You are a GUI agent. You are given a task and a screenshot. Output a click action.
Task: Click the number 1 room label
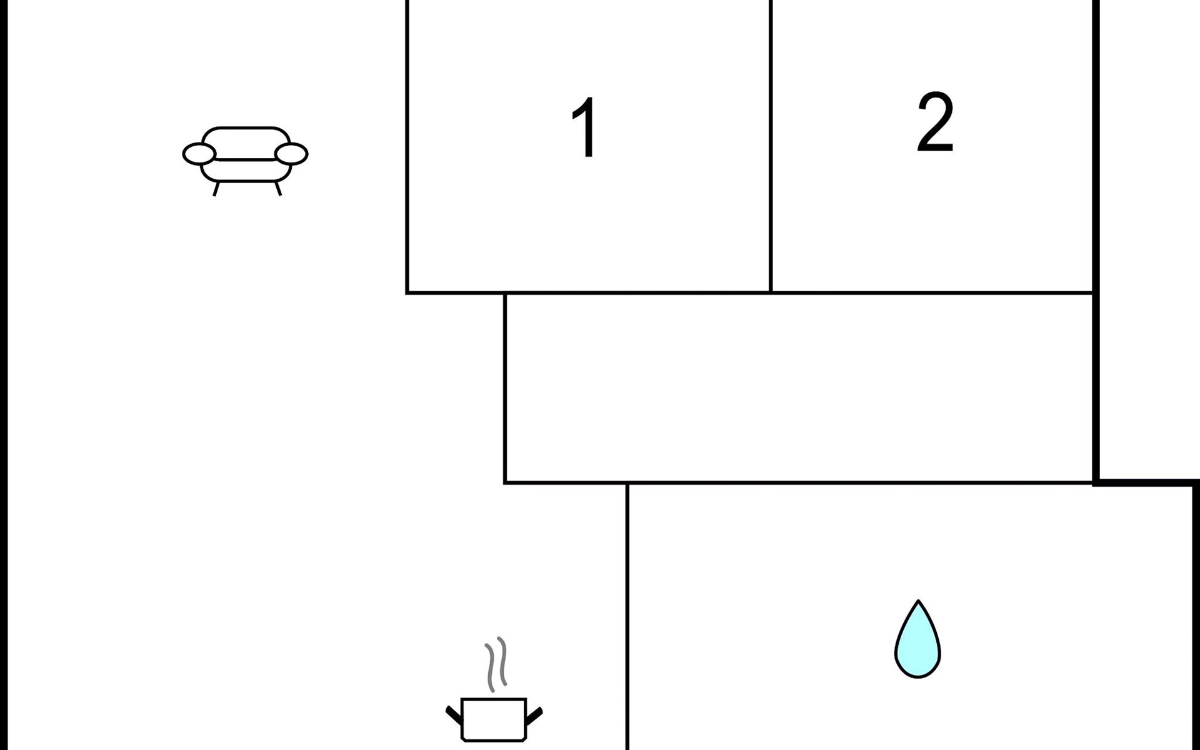[x=585, y=127]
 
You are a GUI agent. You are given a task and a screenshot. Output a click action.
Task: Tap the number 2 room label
[x=935, y=122]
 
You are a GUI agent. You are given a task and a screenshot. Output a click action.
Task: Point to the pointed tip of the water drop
[x=918, y=603]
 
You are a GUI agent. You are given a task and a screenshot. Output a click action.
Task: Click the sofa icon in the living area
[x=246, y=156]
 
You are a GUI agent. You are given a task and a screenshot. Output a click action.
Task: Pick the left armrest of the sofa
[x=199, y=153]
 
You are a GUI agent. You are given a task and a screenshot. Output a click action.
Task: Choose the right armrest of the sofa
[x=292, y=153]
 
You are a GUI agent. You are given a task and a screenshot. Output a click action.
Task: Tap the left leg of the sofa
[x=216, y=188]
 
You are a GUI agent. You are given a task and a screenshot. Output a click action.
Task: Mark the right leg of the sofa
[x=277, y=187]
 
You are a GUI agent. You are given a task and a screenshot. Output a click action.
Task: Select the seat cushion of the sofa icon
[x=246, y=169]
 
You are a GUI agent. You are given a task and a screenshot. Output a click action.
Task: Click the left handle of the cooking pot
[x=453, y=714]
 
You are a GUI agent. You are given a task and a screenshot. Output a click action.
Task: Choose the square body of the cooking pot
[x=494, y=720]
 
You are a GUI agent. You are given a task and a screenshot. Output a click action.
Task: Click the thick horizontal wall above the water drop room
[x=1146, y=482]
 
